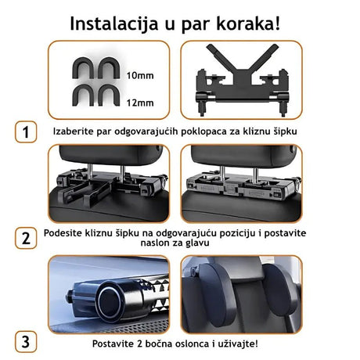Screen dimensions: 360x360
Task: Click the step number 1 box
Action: pyautogui.click(x=26, y=131)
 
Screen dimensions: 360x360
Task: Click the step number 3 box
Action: pyautogui.click(x=26, y=341)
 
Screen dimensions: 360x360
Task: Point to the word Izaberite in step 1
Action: pyautogui.click(x=77, y=131)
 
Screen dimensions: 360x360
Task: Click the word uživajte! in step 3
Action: pyautogui.click(x=255, y=341)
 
